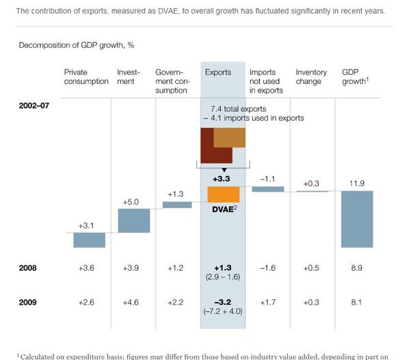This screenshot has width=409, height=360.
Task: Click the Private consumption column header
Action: coord(86,76)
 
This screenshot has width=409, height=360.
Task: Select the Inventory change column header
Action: coord(311,76)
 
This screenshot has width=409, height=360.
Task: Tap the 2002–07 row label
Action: coord(34,106)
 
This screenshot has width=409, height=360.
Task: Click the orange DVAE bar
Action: coord(222,193)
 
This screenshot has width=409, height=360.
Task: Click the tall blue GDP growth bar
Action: coord(357,218)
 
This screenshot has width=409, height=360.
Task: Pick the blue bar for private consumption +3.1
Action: coord(89,240)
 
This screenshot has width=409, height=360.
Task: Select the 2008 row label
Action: coord(29,268)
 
